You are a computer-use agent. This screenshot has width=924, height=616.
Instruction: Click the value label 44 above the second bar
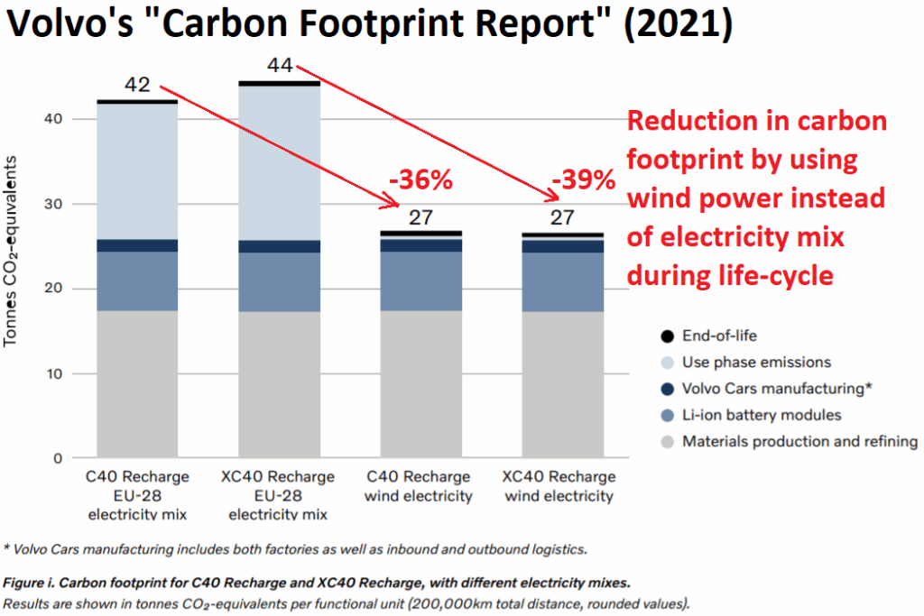(281, 66)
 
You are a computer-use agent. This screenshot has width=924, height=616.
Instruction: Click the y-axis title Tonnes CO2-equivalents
(13, 251)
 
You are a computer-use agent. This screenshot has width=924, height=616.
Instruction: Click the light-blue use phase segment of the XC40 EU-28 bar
(279, 162)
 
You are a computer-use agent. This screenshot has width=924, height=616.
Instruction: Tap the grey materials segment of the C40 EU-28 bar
(138, 383)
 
